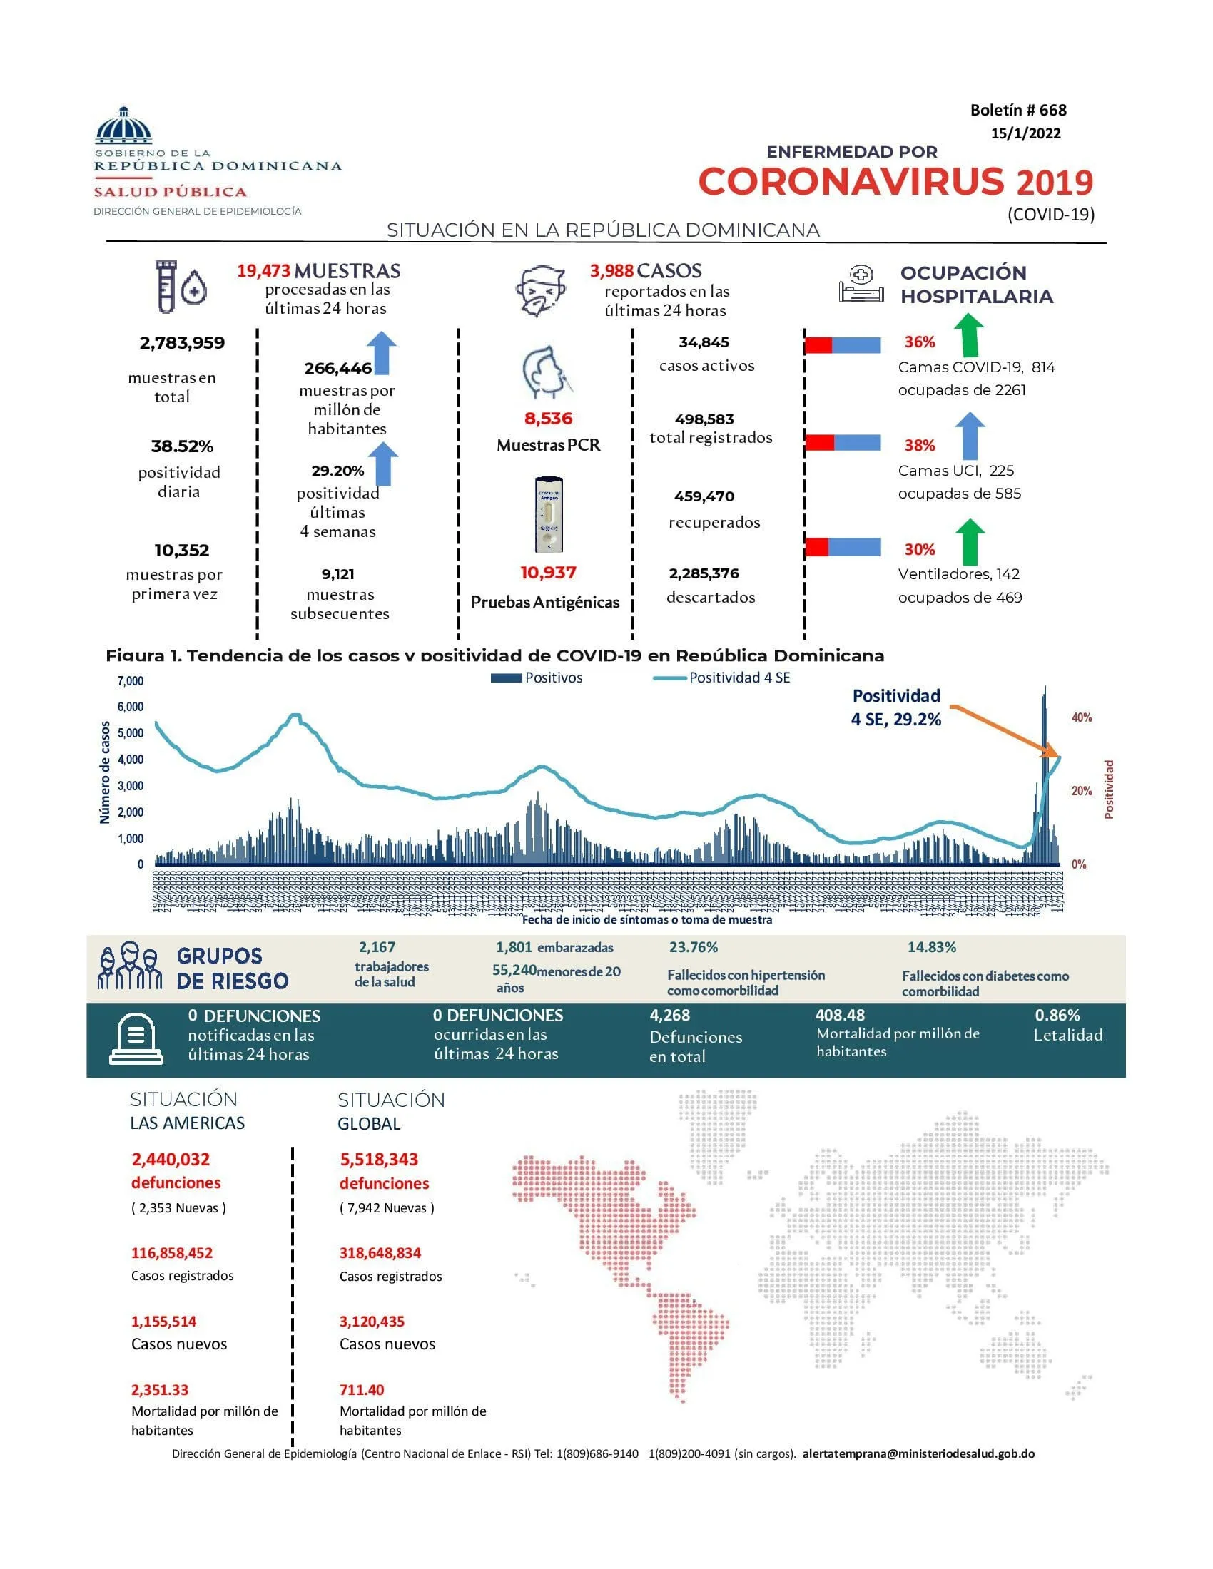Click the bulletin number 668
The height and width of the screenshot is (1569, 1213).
1017,110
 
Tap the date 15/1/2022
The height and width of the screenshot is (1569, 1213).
1025,133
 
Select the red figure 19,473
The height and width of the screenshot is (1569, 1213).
264,271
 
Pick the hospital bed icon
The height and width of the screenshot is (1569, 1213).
861,285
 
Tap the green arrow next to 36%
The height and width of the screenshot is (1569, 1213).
970,334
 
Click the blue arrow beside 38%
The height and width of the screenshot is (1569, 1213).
970,435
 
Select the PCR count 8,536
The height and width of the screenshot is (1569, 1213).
548,418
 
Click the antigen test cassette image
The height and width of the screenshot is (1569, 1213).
548,514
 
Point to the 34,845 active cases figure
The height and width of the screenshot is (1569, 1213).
704,342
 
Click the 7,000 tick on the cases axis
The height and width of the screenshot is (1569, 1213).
131,680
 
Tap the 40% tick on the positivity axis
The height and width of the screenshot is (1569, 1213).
1081,717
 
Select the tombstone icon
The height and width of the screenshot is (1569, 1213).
136,1039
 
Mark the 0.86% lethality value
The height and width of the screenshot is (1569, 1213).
1057,1015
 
